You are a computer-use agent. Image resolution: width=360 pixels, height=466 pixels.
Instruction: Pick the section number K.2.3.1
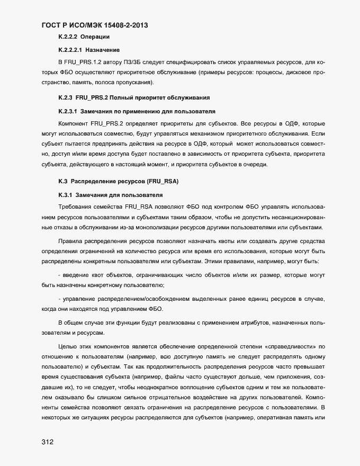click(x=68, y=111)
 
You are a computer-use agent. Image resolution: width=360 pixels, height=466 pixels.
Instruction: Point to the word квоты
click(x=227, y=241)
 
